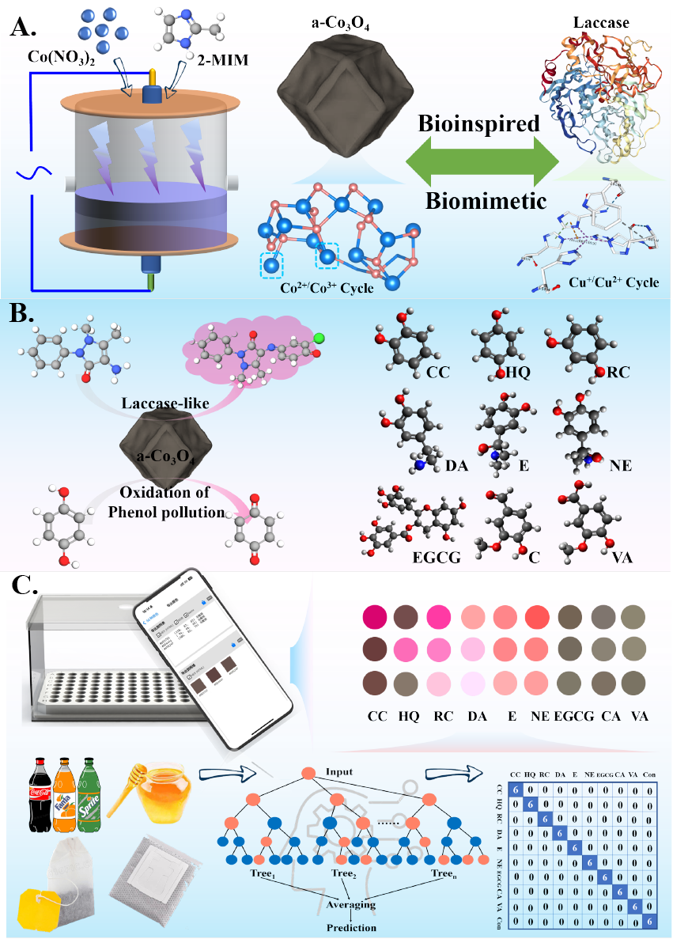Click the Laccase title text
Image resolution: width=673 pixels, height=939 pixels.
(602, 23)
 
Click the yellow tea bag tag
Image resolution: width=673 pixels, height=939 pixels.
(35, 910)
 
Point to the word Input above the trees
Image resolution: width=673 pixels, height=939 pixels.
(338, 771)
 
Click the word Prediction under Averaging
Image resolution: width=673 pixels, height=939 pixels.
(353, 927)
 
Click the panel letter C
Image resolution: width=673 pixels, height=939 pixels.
(25, 586)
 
